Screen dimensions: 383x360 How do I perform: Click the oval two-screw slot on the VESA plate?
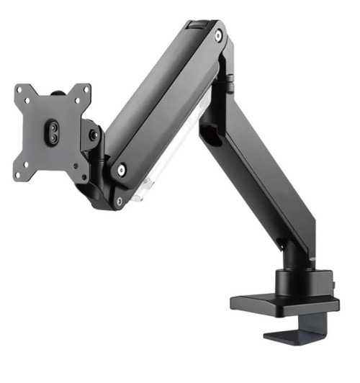point(51,132)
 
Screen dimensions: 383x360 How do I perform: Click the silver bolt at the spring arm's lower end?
point(121,170)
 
